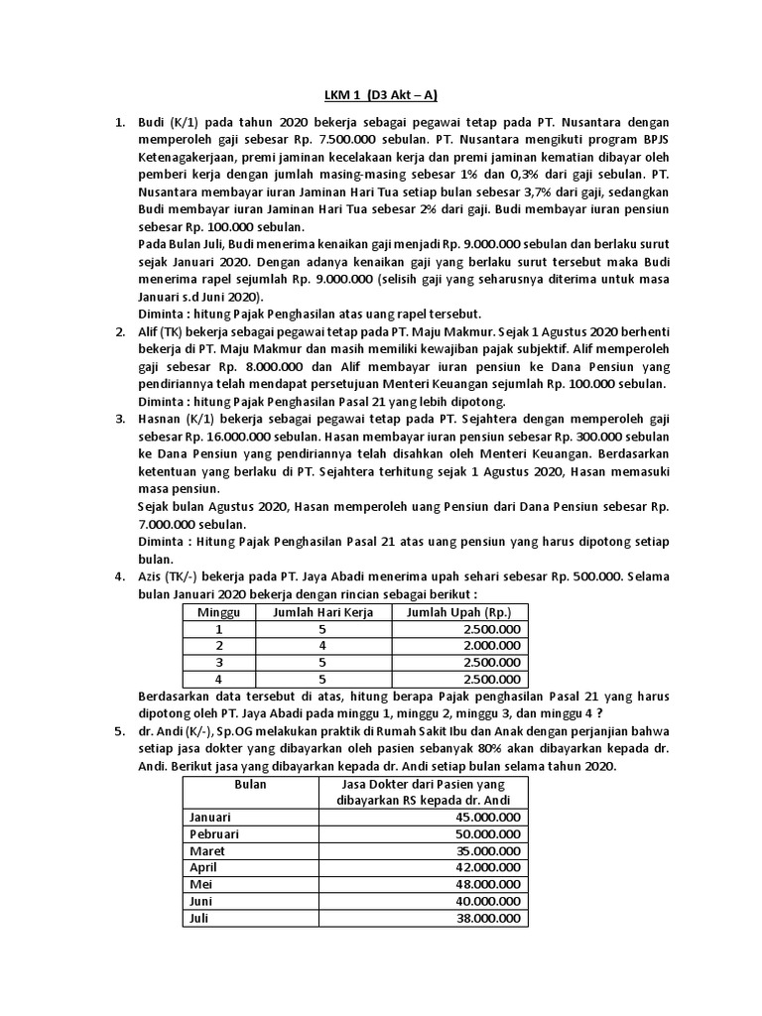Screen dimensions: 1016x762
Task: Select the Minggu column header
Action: click(219, 612)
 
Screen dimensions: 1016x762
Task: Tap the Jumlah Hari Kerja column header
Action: click(323, 612)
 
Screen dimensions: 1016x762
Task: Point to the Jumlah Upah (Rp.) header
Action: click(459, 612)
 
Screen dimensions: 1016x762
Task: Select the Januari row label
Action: click(209, 817)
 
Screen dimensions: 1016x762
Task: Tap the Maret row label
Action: click(206, 851)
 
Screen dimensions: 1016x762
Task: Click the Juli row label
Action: click(199, 919)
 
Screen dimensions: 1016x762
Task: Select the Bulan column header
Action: click(243, 783)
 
